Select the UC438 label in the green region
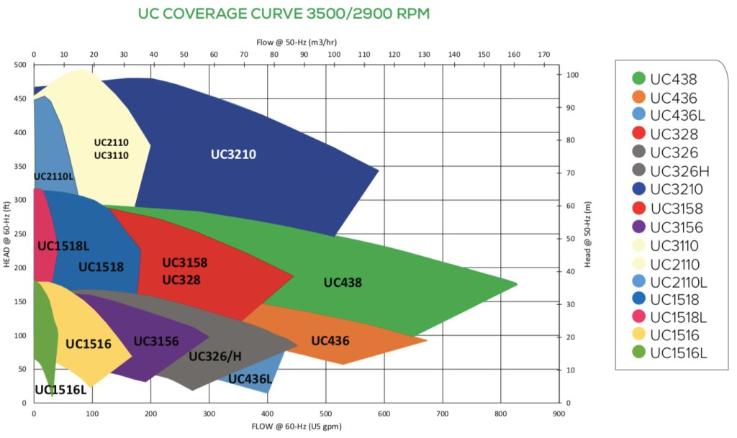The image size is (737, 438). coord(343,283)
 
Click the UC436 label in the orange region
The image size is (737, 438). coord(330,340)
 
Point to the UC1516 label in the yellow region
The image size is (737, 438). coord(89,344)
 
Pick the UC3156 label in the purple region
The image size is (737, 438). coord(155,341)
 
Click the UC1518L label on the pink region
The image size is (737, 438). coord(63,246)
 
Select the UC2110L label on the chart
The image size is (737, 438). coord(54,176)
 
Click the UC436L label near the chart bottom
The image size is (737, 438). coord(250,379)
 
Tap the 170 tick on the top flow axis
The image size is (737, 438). coord(543,55)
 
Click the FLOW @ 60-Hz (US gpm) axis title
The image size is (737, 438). coord(297,427)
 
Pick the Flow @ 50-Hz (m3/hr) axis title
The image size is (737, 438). coord(297,42)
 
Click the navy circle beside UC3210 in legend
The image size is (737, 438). coord(638,189)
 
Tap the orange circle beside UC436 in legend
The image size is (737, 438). coord(638,98)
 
